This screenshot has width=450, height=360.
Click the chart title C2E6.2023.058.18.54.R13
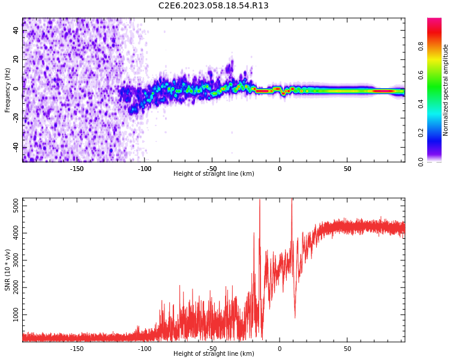coord(213,6)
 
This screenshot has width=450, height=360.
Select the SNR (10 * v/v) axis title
coord(8,270)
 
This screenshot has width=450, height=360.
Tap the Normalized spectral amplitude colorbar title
coord(446,90)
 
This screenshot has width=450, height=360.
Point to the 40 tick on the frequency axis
coord(16,31)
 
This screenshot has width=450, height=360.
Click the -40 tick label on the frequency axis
coord(15,147)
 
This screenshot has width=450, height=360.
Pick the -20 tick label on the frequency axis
coord(15,118)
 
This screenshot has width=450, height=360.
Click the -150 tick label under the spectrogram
coord(77,169)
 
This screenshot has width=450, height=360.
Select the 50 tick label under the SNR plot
coord(347,349)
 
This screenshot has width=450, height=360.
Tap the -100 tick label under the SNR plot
coord(145,349)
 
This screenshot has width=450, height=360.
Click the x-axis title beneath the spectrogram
coord(214,174)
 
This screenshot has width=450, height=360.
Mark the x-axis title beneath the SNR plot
coord(214,354)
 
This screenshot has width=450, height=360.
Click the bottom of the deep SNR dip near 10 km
coord(295,317)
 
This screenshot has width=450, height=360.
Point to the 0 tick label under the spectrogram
coord(279,169)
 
